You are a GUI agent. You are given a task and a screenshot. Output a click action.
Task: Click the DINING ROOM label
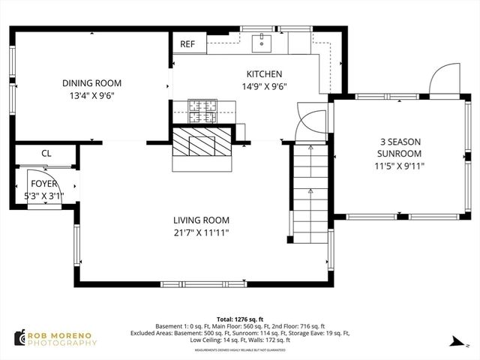[x=91, y=83]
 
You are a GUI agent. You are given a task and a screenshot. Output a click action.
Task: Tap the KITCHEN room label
[x=264, y=74]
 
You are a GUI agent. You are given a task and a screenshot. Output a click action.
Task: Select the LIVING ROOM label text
[x=201, y=220]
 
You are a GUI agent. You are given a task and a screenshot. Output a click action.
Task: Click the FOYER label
[x=43, y=184]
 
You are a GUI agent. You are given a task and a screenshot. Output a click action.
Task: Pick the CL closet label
[x=46, y=153]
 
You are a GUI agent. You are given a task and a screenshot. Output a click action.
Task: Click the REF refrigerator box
[x=187, y=44]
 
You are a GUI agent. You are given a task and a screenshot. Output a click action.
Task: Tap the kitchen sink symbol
[x=263, y=41]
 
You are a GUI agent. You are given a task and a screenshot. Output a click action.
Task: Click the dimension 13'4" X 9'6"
[x=91, y=96]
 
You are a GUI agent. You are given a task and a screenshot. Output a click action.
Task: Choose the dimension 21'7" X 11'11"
[x=201, y=233]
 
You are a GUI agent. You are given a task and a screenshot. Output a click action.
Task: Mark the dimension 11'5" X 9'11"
[x=400, y=166]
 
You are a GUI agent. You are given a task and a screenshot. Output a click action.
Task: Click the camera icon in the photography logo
[x=18, y=338]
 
